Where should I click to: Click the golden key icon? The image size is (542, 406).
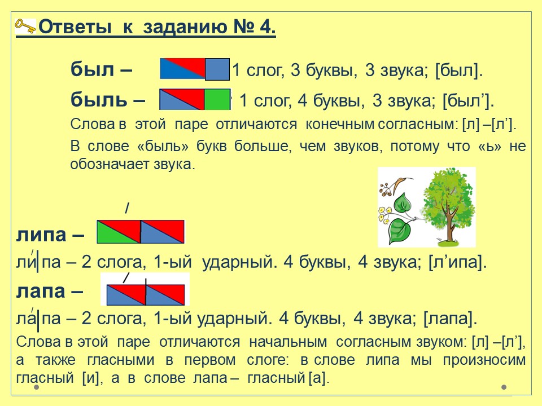pyautogui.click(x=25, y=26)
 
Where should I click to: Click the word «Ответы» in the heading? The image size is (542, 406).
pyautogui.click(x=75, y=27)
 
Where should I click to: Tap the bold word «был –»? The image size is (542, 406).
pyautogui.click(x=101, y=69)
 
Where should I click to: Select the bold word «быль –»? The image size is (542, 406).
pyautogui.click(x=108, y=100)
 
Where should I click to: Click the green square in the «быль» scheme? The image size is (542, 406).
pyautogui.click(x=217, y=99)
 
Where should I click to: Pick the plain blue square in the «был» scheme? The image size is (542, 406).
pyautogui.click(x=217, y=69)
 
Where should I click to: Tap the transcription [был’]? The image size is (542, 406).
pyautogui.click(x=468, y=101)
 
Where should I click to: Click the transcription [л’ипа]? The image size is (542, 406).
pyautogui.click(x=457, y=262)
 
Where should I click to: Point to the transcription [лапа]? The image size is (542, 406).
pyautogui.click(x=450, y=318)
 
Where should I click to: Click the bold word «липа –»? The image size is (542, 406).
pyautogui.click(x=50, y=235)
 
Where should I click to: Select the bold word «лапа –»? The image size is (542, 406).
pyautogui.click(x=50, y=291)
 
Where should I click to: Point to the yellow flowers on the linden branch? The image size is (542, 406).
pyautogui.click(x=383, y=214)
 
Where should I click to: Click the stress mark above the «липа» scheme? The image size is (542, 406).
pyautogui.click(x=127, y=208)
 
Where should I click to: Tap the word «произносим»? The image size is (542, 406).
pyautogui.click(x=484, y=360)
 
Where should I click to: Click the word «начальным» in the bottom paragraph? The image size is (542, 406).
pyautogui.click(x=288, y=342)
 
